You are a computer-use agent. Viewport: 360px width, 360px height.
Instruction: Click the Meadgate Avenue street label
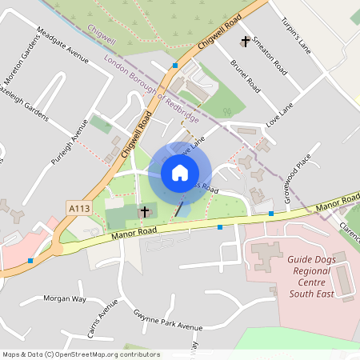point(62,47)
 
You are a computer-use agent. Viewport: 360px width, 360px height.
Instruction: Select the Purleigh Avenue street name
point(68,143)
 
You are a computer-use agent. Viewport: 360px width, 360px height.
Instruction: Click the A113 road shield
point(78,208)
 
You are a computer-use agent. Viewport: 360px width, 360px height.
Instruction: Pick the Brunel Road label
point(245,74)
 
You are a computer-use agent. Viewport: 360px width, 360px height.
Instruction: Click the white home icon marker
point(180,173)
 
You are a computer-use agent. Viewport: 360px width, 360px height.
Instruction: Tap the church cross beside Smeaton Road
point(245,41)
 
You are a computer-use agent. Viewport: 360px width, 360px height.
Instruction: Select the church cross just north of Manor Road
point(145,212)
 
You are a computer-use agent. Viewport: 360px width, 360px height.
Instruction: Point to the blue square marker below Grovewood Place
point(271,214)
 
